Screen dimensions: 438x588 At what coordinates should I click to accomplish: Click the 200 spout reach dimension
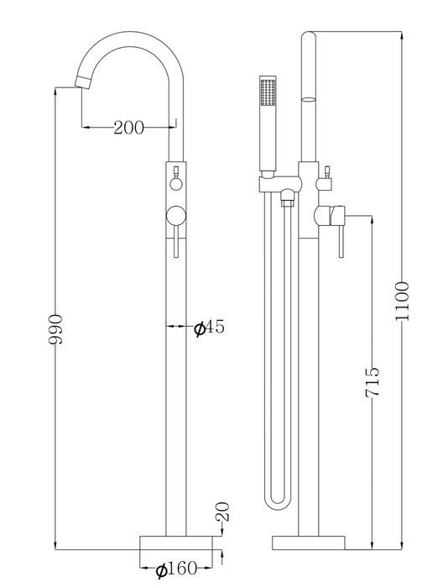click(128, 128)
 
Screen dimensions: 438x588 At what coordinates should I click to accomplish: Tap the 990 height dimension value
click(55, 329)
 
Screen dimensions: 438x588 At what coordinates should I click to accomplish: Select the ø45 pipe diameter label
click(209, 328)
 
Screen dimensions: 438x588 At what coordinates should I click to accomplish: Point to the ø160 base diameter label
click(176, 569)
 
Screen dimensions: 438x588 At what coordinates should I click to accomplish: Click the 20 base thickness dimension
click(222, 512)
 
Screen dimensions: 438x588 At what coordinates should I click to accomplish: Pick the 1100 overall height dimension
click(403, 301)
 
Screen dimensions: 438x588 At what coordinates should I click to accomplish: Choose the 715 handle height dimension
click(373, 382)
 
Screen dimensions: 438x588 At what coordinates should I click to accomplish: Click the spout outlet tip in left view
click(83, 81)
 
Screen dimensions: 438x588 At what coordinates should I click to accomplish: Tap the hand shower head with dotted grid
click(268, 91)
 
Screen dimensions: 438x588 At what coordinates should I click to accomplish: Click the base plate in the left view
click(176, 543)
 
